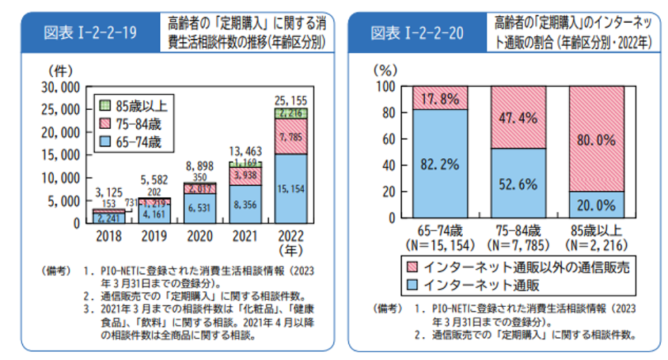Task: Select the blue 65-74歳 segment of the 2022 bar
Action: click(290, 189)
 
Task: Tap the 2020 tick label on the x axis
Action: click(198, 235)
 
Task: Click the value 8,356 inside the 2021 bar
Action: click(244, 204)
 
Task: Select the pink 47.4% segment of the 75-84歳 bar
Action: click(518, 117)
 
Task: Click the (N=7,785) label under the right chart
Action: click(518, 245)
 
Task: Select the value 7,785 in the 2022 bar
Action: click(290, 137)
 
